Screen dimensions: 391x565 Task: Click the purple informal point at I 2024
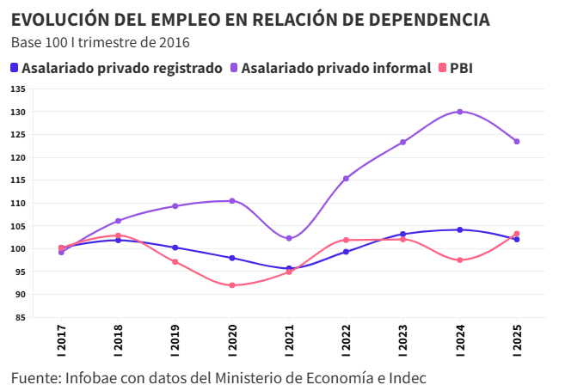[x=460, y=112]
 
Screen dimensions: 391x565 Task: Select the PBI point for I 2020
[x=232, y=285]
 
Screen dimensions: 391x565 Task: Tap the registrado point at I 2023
[x=403, y=234]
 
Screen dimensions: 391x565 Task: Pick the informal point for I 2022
[x=346, y=179]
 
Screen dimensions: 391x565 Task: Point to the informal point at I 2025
[x=517, y=142]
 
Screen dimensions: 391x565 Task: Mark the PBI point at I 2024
[x=460, y=260]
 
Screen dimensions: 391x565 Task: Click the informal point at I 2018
[x=118, y=221]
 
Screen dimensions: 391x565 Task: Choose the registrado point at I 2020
[x=232, y=258]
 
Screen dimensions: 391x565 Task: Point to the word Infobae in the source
[x=90, y=378]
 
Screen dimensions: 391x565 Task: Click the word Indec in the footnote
[x=408, y=378]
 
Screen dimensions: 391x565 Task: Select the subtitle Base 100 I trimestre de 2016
[x=100, y=42]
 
